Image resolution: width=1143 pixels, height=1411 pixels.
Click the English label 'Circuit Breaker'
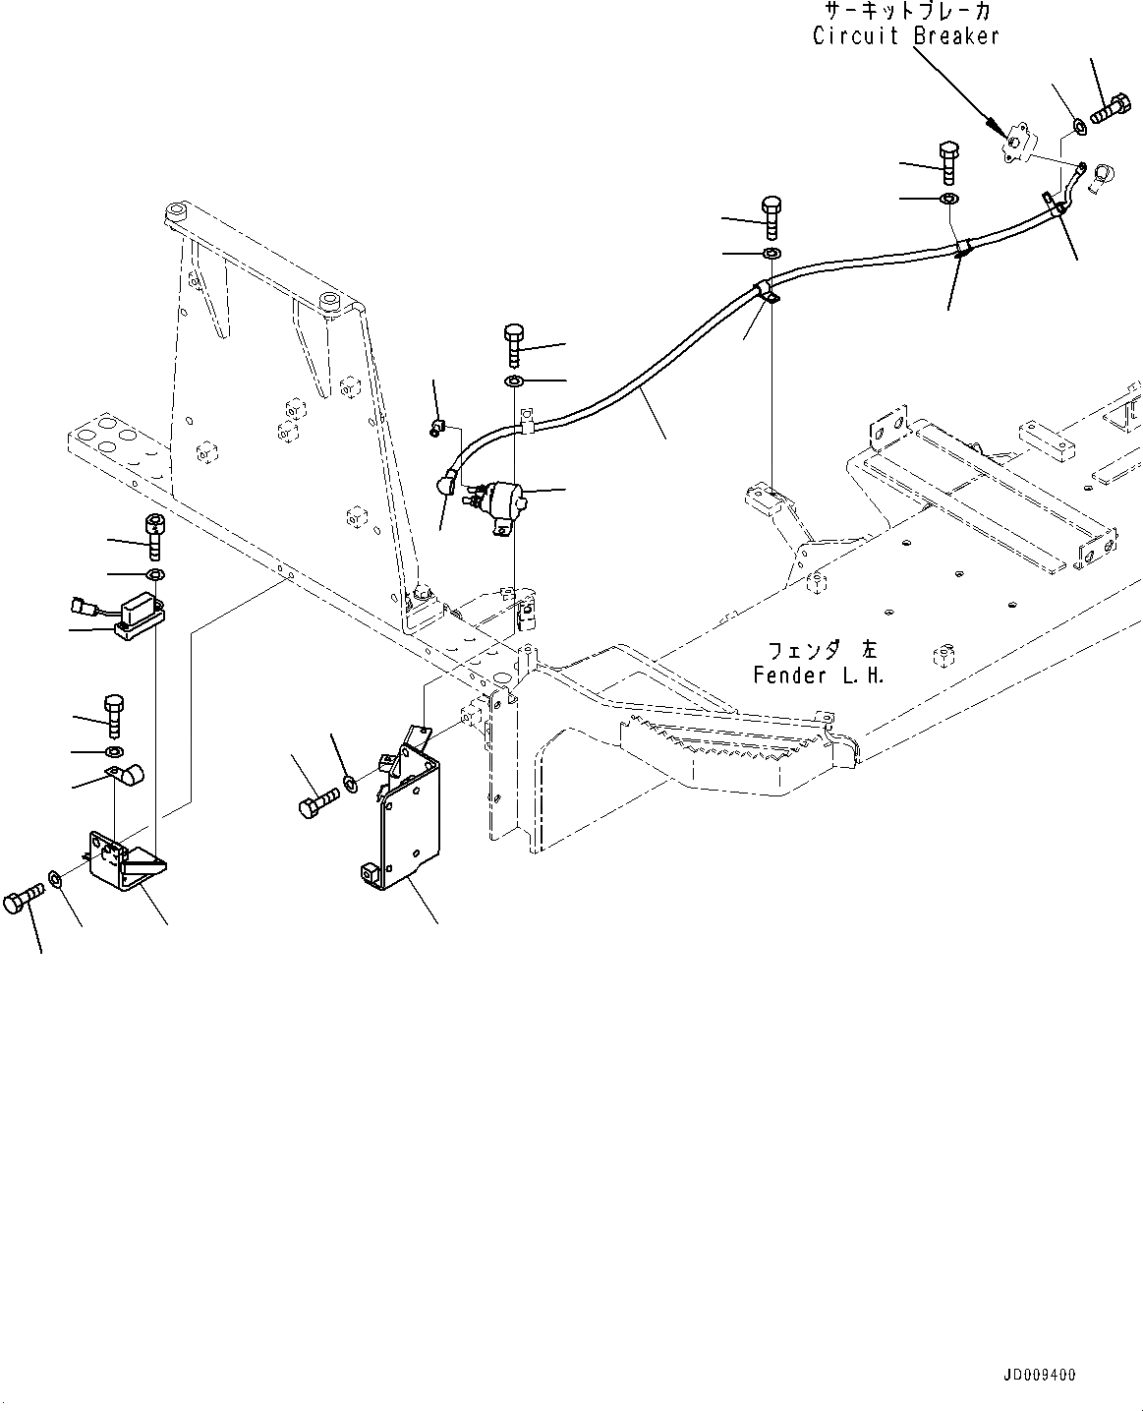pyautogui.click(x=905, y=36)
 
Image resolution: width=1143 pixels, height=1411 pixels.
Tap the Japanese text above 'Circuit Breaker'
pyautogui.click(x=905, y=13)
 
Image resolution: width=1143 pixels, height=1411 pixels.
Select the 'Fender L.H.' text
pyautogui.click(x=820, y=676)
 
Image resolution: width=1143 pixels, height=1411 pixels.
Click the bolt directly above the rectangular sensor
pyautogui.click(x=152, y=535)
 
